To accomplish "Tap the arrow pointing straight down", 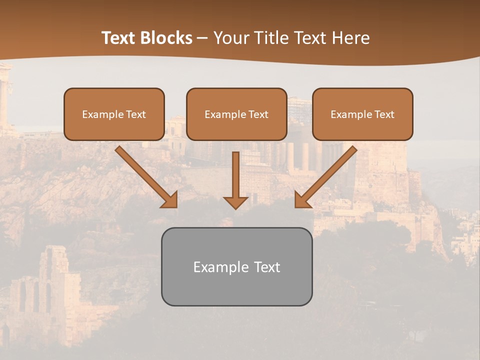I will click(x=235, y=175).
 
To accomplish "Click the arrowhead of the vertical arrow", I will click(x=235, y=202).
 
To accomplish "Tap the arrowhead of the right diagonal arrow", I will click(x=301, y=200).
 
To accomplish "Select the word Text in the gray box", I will click(x=266, y=267).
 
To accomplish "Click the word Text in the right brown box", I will click(x=384, y=114).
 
